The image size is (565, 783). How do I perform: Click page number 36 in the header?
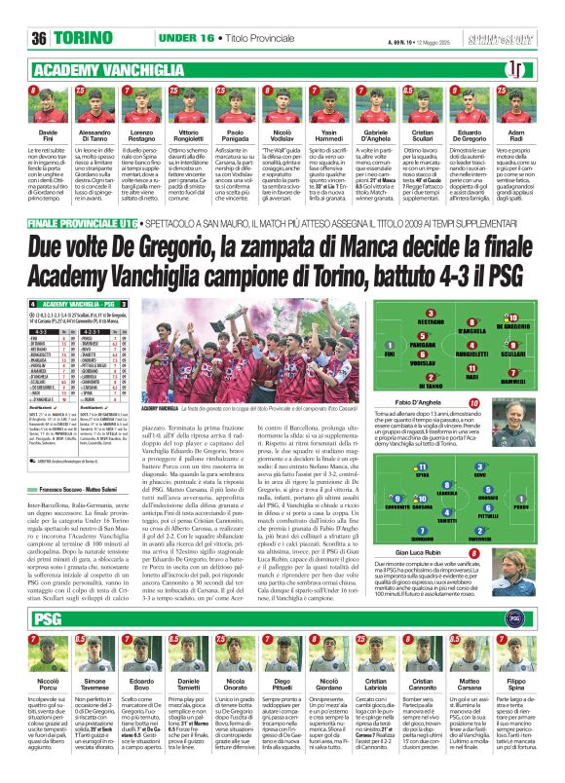pyautogui.click(x=39, y=38)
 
